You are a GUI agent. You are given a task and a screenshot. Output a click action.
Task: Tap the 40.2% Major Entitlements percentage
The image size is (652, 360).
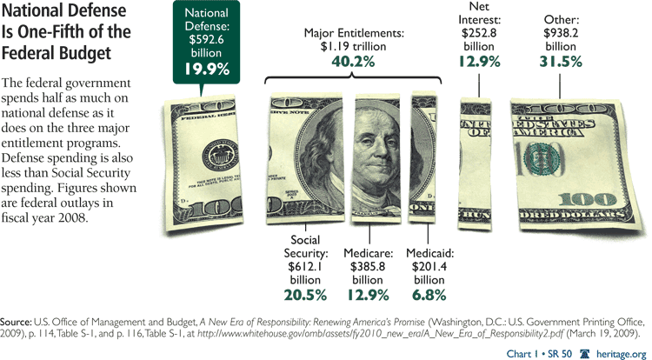coord(352,63)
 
